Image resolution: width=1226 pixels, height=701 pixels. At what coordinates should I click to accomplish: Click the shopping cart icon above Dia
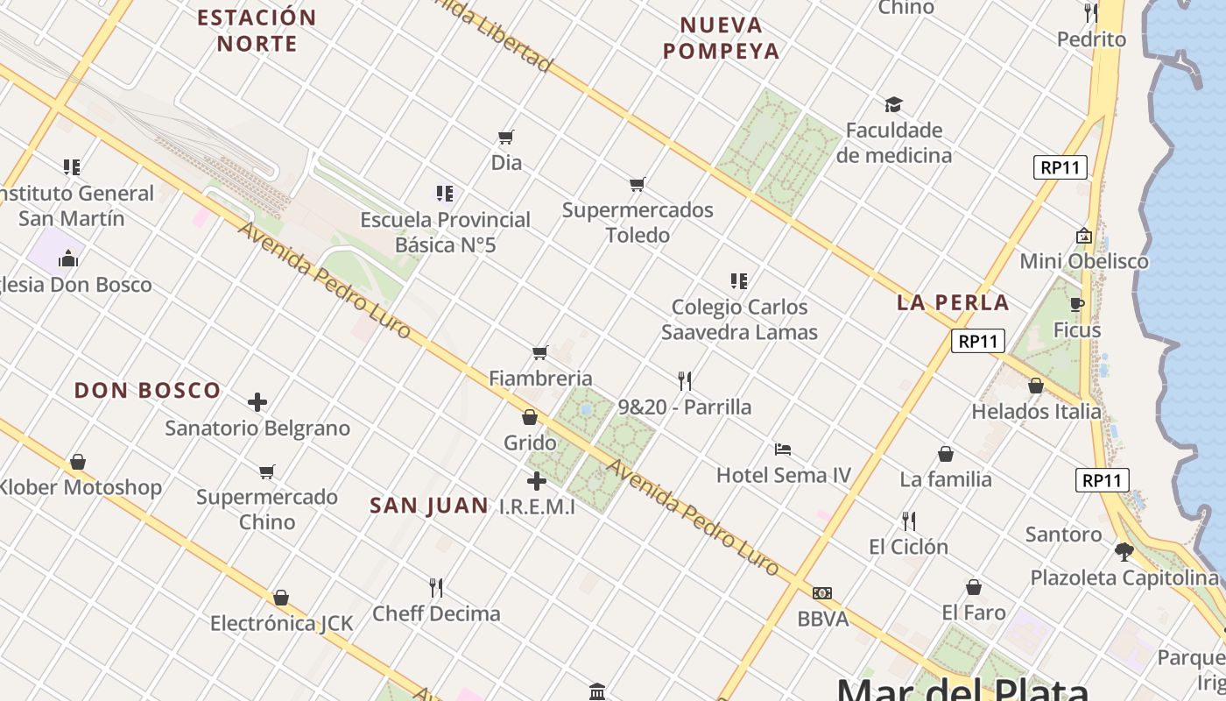505,138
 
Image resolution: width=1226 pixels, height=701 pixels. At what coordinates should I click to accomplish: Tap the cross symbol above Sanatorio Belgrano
257,402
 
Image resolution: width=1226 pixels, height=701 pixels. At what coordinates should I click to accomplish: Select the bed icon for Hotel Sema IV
783,450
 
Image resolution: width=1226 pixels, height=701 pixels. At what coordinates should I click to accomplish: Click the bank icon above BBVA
822,593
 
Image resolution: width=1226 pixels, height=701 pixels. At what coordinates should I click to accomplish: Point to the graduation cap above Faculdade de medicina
893,105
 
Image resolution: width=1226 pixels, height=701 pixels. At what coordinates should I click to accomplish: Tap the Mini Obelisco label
1084,261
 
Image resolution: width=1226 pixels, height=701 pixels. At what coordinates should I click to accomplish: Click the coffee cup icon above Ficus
1077,305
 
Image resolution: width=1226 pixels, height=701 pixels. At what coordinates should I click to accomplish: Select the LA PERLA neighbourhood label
953,303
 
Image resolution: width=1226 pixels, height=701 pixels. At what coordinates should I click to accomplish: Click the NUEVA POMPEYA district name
721,39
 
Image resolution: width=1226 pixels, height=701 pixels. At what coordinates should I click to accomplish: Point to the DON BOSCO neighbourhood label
147,391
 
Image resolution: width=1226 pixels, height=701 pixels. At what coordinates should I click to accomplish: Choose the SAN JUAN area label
429,506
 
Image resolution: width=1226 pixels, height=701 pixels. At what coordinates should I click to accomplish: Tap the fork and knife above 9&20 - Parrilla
685,381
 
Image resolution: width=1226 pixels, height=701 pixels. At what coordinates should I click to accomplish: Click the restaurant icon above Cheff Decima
436,587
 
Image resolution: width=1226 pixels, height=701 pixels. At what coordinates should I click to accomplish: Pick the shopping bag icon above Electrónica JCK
281,598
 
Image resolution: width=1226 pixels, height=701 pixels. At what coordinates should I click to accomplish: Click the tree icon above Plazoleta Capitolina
1124,552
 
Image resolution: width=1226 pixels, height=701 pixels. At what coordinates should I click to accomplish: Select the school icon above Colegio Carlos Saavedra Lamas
739,281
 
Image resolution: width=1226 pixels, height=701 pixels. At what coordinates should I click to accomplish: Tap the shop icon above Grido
530,417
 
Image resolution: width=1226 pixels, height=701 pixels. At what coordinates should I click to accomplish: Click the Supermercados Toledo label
638,223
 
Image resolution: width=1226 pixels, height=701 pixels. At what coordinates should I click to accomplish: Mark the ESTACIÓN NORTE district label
257,31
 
